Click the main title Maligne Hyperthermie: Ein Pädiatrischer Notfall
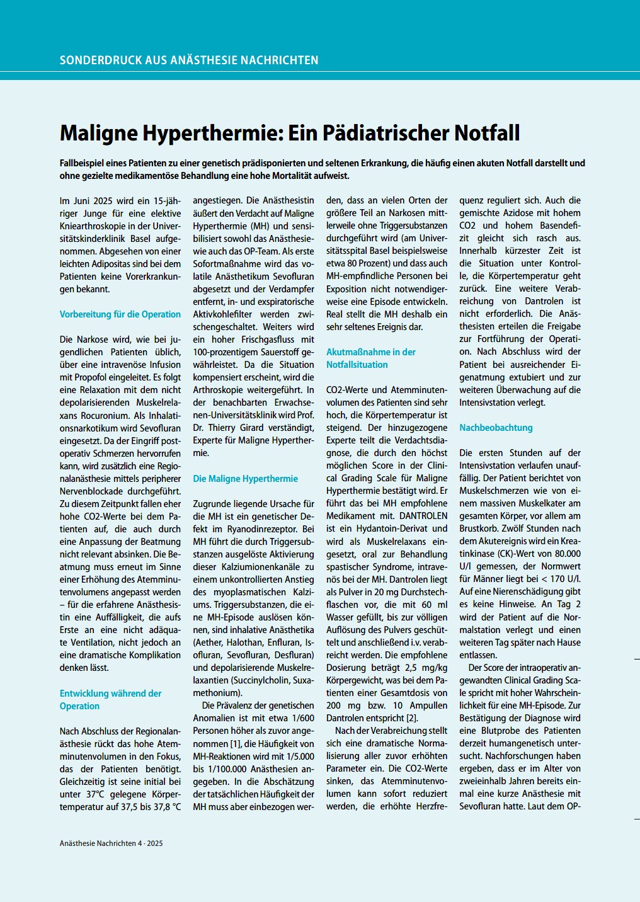click(x=289, y=133)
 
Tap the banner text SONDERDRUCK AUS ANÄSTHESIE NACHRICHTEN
click(x=189, y=60)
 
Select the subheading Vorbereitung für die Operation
click(x=120, y=314)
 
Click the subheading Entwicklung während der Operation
click(x=110, y=700)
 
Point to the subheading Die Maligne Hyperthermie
click(x=245, y=479)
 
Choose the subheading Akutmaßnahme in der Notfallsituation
click(x=370, y=358)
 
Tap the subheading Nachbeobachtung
click(x=496, y=428)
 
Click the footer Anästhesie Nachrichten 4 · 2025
click(x=111, y=843)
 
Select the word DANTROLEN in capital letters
click(x=423, y=516)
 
